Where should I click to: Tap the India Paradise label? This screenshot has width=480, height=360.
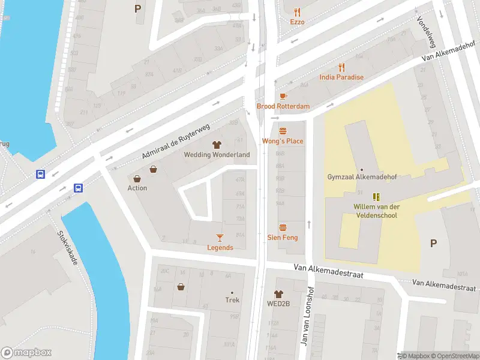pos(341,77)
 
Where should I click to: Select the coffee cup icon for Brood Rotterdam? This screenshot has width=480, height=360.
pos(283,96)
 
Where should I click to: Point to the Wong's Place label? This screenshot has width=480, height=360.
pos(283,141)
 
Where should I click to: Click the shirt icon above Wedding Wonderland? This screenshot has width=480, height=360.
pos(217,145)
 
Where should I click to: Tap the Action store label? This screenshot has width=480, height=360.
pos(137,188)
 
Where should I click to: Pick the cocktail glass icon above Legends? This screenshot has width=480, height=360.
pos(220,238)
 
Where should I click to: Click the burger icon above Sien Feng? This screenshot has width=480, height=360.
pos(283,227)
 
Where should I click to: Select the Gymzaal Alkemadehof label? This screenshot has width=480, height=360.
pos(361,177)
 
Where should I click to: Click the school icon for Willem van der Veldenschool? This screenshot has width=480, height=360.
pos(376,197)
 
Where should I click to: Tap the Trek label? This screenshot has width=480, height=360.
pos(232,300)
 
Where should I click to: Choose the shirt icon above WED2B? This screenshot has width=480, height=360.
pos(278,294)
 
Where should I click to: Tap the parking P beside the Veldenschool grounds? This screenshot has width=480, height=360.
pos(433,243)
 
